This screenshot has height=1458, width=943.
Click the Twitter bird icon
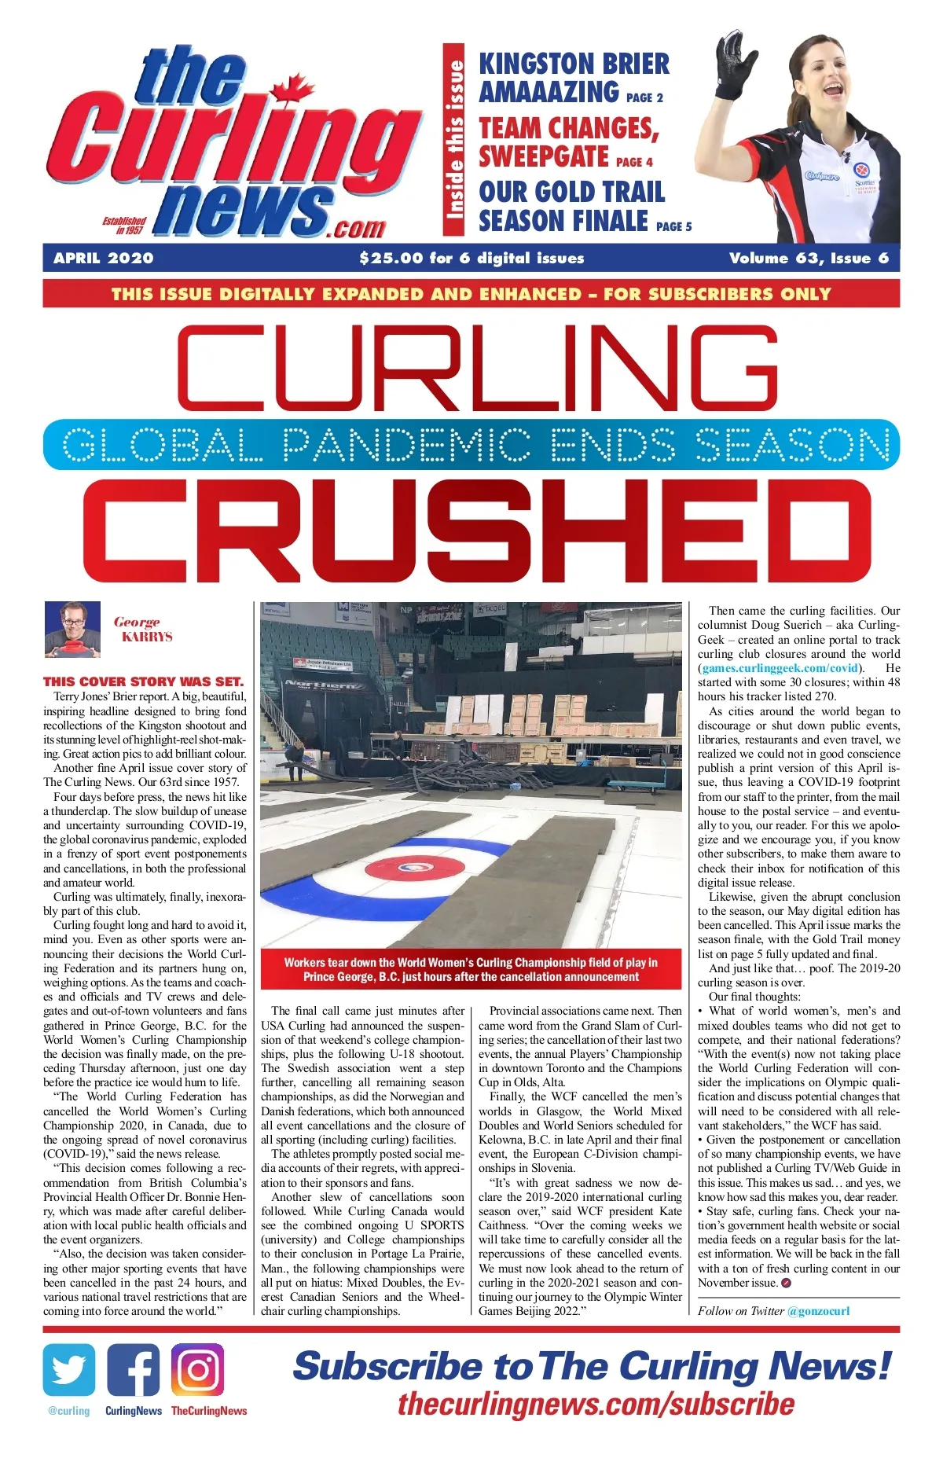(69, 1369)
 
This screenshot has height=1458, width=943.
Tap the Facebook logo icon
(133, 1369)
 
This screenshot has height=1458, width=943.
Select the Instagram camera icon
(197, 1369)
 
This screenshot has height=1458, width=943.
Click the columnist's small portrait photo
(72, 629)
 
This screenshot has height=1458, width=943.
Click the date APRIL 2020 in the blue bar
(104, 259)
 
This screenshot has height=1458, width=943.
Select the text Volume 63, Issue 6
(809, 259)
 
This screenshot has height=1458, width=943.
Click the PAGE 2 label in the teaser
(644, 97)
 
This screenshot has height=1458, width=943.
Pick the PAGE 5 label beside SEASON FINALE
(673, 226)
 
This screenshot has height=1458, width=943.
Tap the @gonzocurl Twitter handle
(818, 1310)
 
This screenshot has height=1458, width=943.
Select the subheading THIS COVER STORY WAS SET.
(144, 681)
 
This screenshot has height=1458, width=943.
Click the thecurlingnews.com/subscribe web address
(596, 1405)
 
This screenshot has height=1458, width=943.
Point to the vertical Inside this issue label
(454, 139)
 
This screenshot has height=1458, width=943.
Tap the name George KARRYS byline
(142, 629)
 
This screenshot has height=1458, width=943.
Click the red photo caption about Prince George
(471, 969)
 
